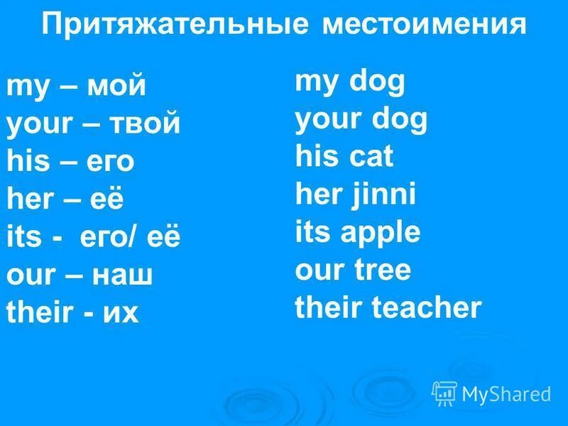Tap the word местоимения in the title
point(425,26)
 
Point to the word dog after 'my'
point(376,82)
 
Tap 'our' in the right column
point(316,270)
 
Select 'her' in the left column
point(28,200)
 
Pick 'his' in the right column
point(313,157)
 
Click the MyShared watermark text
point(506,393)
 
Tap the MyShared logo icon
point(444,393)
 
